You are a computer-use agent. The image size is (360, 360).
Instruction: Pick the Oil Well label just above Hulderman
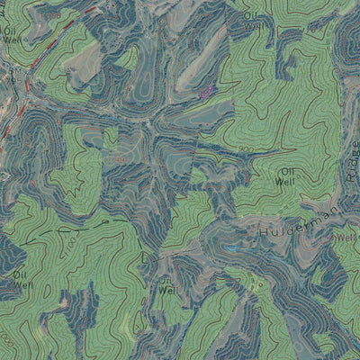pyautogui.click(x=287, y=175)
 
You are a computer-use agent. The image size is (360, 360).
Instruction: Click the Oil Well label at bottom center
pyautogui.click(x=166, y=286)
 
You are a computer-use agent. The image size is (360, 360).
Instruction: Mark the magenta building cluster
pyautogui.click(x=208, y=90)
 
